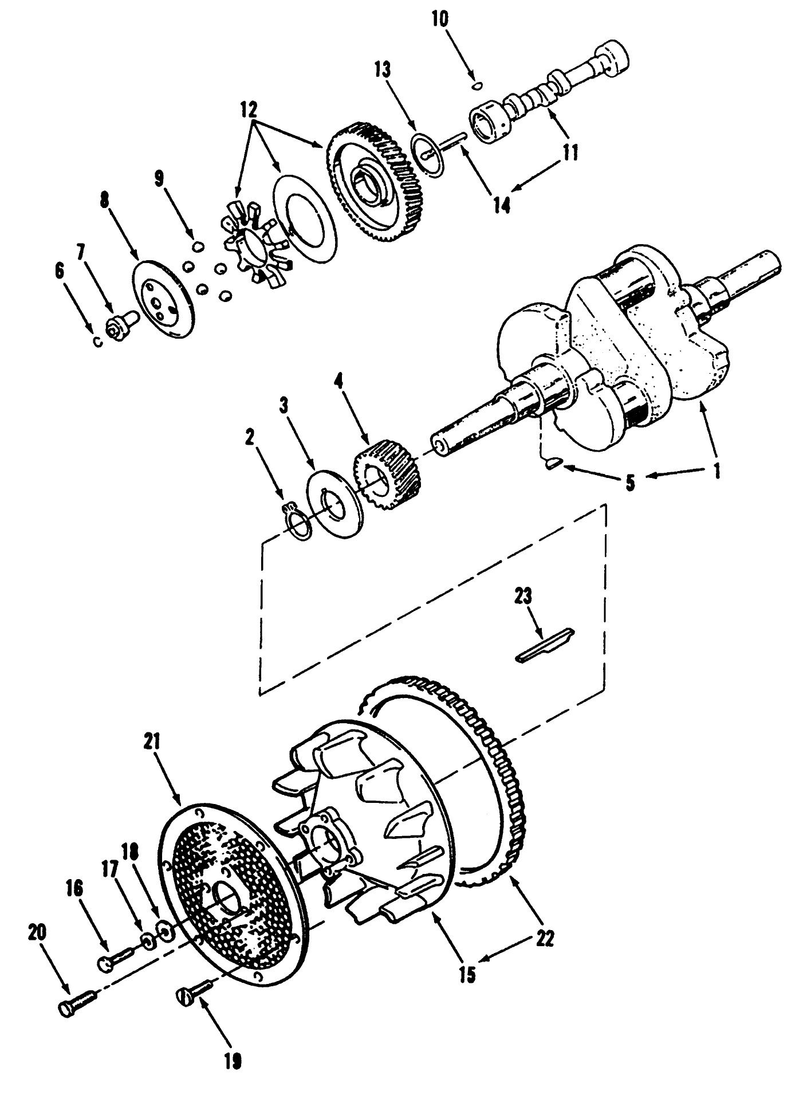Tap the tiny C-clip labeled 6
coord(97,342)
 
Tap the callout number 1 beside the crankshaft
coord(715,471)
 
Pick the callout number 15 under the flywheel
coord(467,974)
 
